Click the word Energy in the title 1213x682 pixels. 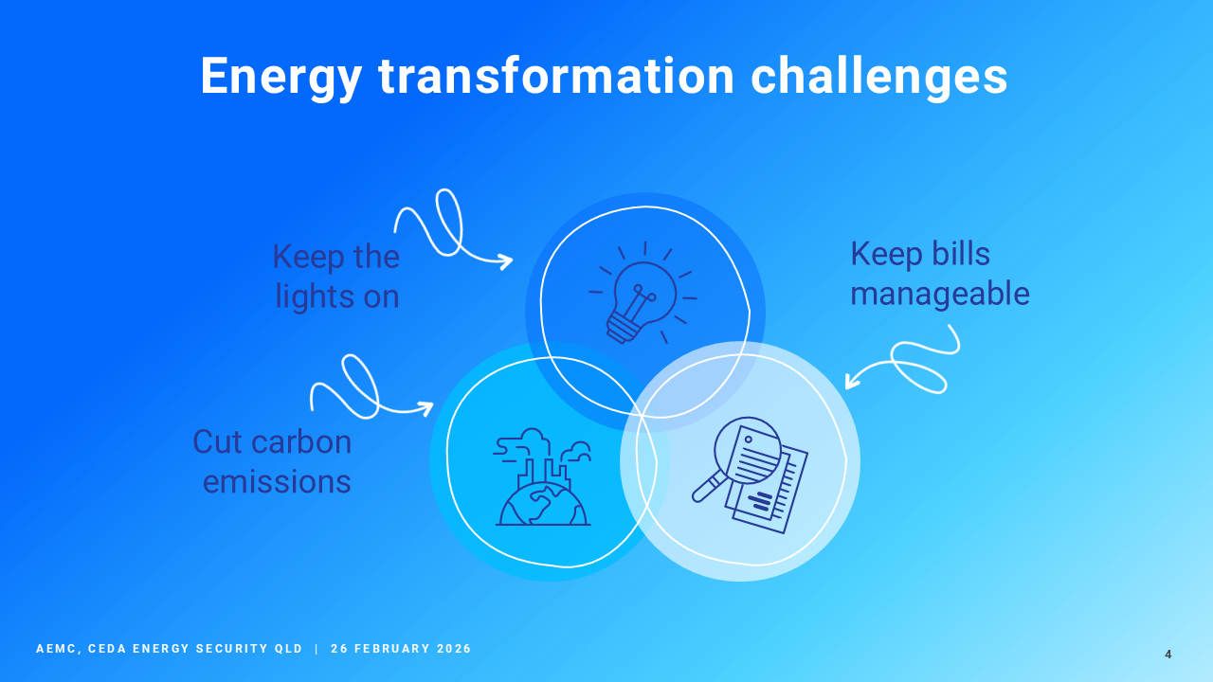[x=281, y=77]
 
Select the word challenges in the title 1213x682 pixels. [x=878, y=77]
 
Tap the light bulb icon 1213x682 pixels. [x=643, y=293]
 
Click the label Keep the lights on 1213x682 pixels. [x=336, y=276]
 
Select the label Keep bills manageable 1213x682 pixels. [x=939, y=274]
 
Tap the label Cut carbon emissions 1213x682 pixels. [x=272, y=461]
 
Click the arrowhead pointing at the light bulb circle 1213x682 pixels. [x=507, y=262]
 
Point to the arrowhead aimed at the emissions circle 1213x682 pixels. [x=426, y=408]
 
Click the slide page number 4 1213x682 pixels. [x=1168, y=655]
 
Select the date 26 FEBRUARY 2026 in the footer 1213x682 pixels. [x=401, y=649]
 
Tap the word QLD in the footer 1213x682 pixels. [x=289, y=649]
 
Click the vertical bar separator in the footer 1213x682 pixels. [x=317, y=649]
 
